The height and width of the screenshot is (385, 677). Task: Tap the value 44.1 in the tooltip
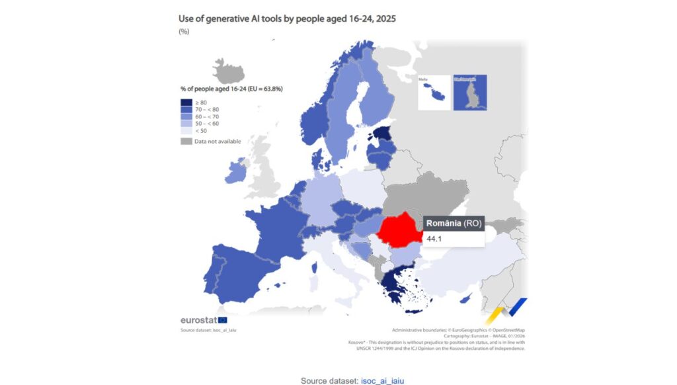click(x=434, y=238)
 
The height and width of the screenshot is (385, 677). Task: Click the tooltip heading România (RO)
click(x=453, y=223)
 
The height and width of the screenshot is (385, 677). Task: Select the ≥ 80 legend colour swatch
click(x=186, y=103)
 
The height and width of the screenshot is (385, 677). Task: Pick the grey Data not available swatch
click(x=186, y=141)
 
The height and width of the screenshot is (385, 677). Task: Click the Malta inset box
click(x=434, y=92)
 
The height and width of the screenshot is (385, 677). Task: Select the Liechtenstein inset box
click(x=469, y=92)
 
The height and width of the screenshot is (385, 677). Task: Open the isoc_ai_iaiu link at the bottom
click(x=382, y=380)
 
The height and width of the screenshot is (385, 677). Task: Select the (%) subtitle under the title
click(x=184, y=31)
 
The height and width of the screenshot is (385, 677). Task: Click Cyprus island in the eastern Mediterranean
click(x=466, y=300)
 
